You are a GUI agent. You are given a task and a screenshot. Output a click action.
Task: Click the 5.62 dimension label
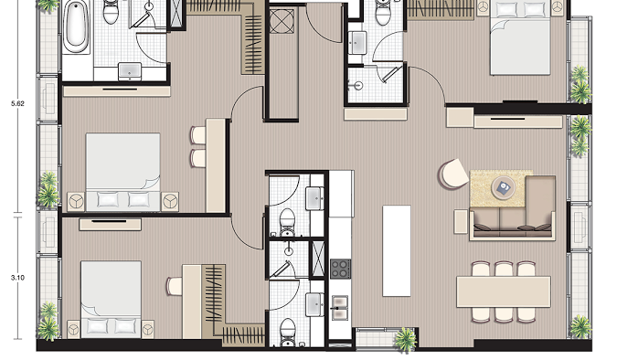pyautogui.click(x=17, y=103)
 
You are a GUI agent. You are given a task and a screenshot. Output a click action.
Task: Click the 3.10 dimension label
pyautogui.click(x=17, y=278)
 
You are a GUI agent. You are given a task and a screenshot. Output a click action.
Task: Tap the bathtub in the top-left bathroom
pyautogui.click(x=77, y=26)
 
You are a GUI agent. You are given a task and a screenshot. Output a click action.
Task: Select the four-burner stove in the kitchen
pyautogui.click(x=340, y=269)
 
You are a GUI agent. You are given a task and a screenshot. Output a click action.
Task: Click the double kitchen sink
pyautogui.click(x=340, y=308)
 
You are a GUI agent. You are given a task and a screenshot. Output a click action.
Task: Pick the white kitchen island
pyautogui.click(x=397, y=250)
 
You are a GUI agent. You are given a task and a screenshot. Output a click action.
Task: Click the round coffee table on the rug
pyautogui.click(x=504, y=187)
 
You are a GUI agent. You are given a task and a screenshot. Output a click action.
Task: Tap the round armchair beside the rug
pyautogui.click(x=452, y=175)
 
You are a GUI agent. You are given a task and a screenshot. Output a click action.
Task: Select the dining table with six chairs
pyautogui.click(x=504, y=291)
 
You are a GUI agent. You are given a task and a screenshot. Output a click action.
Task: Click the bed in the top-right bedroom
pyautogui.click(x=519, y=38)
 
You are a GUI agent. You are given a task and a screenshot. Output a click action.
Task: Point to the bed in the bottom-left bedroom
pyautogui.click(x=111, y=299)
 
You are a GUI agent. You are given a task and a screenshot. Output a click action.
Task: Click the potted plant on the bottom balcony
pyautogui.click(x=405, y=339)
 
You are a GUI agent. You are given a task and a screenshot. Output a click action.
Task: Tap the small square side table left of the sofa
pyautogui.click(x=461, y=221)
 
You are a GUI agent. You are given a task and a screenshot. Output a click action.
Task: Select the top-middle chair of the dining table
pyautogui.click(x=504, y=270)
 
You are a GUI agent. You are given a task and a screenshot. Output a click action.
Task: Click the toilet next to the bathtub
pyautogui.click(x=111, y=12)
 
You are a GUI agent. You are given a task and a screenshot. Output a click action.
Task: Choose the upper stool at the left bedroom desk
pyautogui.click(x=198, y=135)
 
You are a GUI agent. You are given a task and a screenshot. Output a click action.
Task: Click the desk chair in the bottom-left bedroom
pyautogui.click(x=174, y=286)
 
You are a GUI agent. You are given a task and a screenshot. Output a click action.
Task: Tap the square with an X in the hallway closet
pyautogui.click(x=282, y=21)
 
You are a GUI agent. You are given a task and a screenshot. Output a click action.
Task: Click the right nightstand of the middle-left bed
pyautogui.click(x=170, y=201)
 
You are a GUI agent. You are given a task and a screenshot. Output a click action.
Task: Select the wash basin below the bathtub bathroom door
pyautogui.click(x=130, y=71)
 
